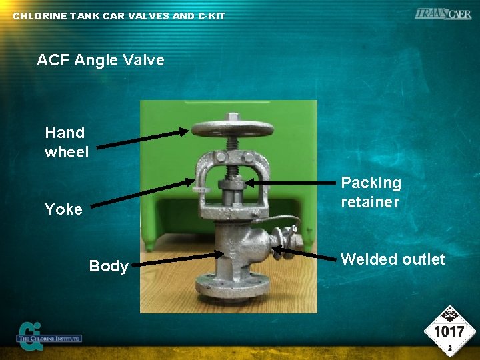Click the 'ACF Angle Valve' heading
coord(100,60)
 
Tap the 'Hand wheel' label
coord(66,142)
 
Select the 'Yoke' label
coord(63,209)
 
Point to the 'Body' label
coord(109,266)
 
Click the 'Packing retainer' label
coord(371,192)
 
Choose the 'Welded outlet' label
coord(393,259)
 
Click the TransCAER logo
coord(442,14)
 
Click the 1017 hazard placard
coord(449,331)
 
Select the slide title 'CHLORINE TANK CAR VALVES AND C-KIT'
coord(119,15)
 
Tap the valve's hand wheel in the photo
coord(227,129)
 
